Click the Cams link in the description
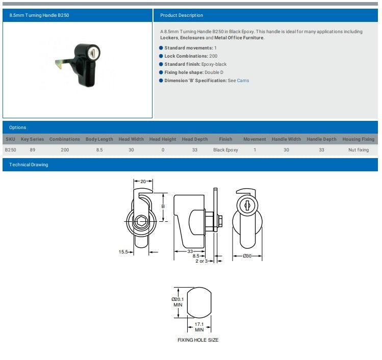(243, 81)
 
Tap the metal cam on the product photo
(62, 65)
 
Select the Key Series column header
(32, 139)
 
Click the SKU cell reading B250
(10, 150)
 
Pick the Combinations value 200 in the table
(65, 150)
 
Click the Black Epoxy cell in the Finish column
(225, 150)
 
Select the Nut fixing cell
(359, 150)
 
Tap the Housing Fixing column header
(358, 139)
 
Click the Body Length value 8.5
(99, 150)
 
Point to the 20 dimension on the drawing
(143, 182)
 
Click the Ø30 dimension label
(247, 255)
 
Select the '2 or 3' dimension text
(202, 261)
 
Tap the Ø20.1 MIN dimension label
(177, 302)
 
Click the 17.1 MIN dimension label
(199, 327)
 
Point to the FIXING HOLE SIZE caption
(198, 340)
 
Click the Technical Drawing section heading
(29, 165)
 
